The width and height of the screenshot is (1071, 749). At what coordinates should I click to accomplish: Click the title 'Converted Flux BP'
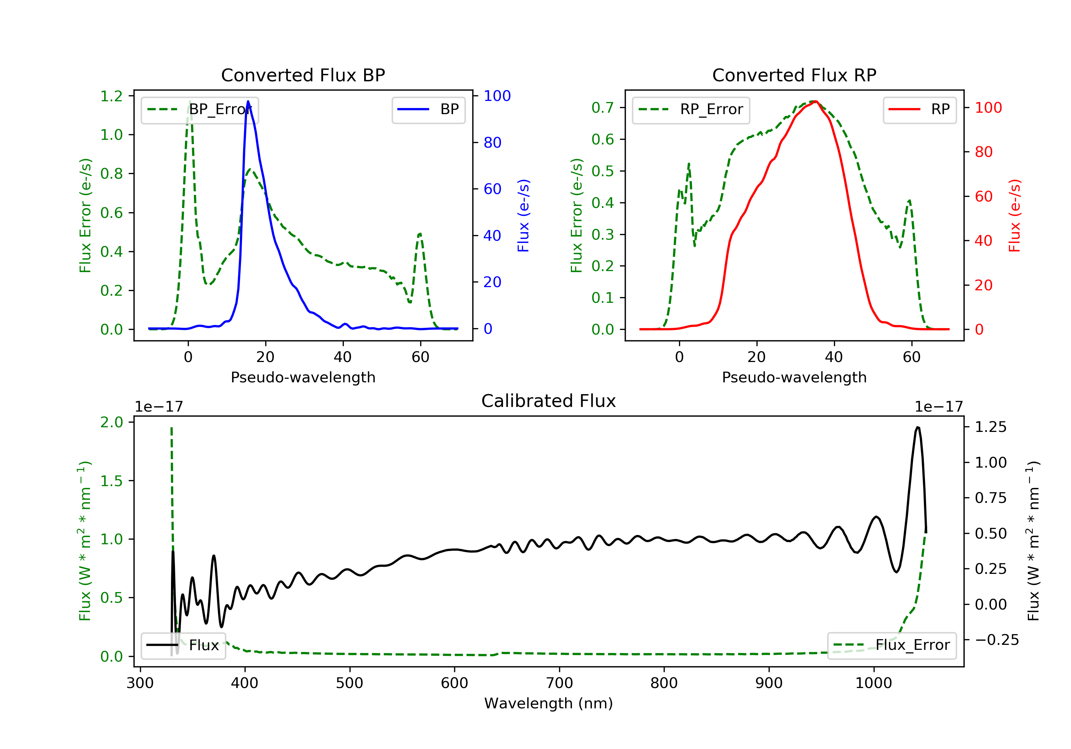(x=303, y=75)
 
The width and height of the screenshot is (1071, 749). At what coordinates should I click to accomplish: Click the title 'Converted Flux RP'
(x=794, y=75)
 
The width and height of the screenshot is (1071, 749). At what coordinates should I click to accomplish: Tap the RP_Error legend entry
(x=691, y=109)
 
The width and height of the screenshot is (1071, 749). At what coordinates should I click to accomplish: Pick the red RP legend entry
(x=919, y=109)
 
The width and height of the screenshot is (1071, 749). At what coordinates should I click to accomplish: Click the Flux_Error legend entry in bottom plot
(x=891, y=645)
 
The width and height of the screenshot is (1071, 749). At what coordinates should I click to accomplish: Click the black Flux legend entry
(x=183, y=645)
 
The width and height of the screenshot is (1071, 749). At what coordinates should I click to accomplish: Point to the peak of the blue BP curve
(x=248, y=101)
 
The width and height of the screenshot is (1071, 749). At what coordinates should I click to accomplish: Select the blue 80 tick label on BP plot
(x=493, y=143)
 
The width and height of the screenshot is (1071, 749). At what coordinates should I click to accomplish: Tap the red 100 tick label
(x=988, y=108)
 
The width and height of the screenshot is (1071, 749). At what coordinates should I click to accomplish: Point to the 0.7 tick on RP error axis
(x=602, y=108)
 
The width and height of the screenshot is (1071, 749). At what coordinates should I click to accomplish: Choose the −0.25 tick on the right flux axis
(x=996, y=640)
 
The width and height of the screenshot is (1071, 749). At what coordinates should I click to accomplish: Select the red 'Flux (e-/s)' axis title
(x=1015, y=215)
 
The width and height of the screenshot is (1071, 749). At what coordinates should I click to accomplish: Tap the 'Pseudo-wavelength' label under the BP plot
(x=303, y=377)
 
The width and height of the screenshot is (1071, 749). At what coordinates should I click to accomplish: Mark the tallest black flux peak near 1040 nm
(x=917, y=427)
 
